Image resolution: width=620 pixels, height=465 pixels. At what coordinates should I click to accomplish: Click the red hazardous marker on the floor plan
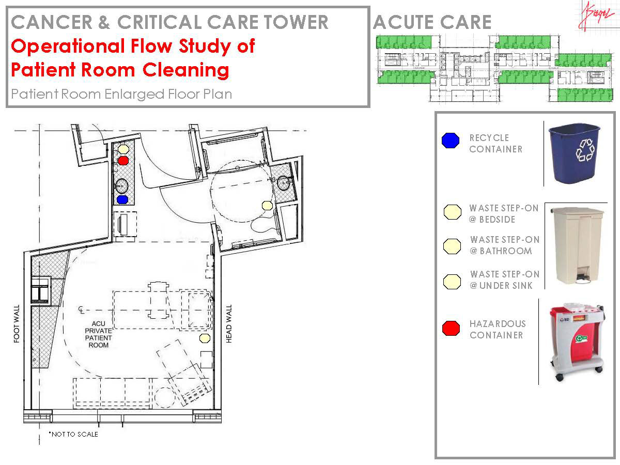123,161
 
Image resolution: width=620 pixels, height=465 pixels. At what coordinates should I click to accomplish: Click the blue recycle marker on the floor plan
122,199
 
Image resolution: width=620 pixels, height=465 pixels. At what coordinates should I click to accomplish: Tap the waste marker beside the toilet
267,206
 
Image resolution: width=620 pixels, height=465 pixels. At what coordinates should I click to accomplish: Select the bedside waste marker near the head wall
205,338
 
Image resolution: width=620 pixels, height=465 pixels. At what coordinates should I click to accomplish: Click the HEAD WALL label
229,324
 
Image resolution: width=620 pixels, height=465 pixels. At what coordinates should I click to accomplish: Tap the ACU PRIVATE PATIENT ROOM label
98,334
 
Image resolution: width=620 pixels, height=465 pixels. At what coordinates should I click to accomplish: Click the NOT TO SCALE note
73,435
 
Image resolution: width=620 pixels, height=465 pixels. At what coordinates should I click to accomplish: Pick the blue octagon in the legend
451,141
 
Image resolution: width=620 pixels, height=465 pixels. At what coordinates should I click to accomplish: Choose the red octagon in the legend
452,328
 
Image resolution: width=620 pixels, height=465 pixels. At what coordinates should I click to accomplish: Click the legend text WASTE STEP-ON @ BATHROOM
504,245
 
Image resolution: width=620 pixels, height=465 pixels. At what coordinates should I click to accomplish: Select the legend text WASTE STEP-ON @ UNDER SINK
504,280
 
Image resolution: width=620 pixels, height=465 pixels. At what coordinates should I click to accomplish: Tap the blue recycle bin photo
574,153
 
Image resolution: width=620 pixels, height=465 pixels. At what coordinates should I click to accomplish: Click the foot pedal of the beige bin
583,280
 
